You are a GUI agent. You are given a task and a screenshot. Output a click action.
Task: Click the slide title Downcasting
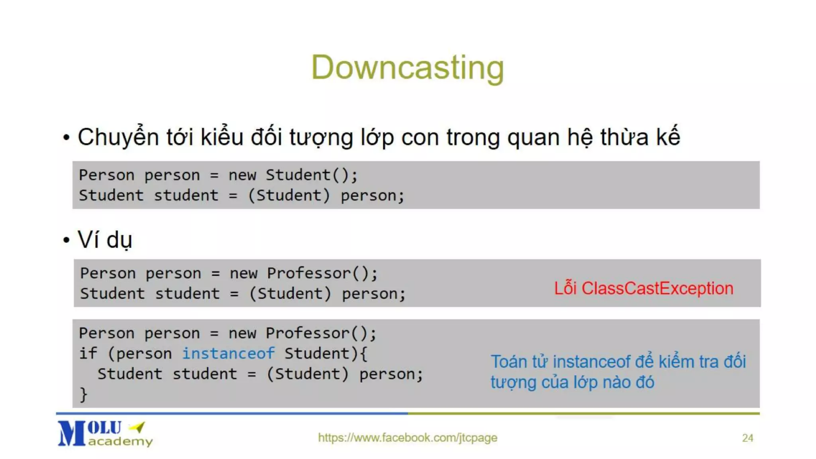(x=407, y=68)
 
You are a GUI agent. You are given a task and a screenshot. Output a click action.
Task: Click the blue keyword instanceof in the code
(x=228, y=353)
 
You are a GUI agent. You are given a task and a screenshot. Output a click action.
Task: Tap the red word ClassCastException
(x=657, y=288)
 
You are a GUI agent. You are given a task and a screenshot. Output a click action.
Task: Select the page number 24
(x=747, y=438)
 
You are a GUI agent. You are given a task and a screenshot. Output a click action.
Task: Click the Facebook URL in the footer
(x=407, y=437)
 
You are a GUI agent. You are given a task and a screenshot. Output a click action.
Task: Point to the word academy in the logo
(x=120, y=441)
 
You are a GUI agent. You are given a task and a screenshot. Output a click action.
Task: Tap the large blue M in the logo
(x=72, y=433)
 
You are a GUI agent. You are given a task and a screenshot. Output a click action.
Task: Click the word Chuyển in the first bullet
(x=118, y=137)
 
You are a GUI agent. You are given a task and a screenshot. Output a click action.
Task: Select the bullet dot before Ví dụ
(x=67, y=240)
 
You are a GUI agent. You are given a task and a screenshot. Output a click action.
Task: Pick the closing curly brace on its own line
(x=83, y=394)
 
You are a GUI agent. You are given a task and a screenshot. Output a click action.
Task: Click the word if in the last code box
(x=88, y=353)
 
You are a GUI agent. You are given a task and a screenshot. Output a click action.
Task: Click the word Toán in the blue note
(x=508, y=362)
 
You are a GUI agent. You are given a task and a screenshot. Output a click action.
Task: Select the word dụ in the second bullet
(x=119, y=240)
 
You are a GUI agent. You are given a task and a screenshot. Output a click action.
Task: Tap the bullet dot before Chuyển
(x=67, y=138)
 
